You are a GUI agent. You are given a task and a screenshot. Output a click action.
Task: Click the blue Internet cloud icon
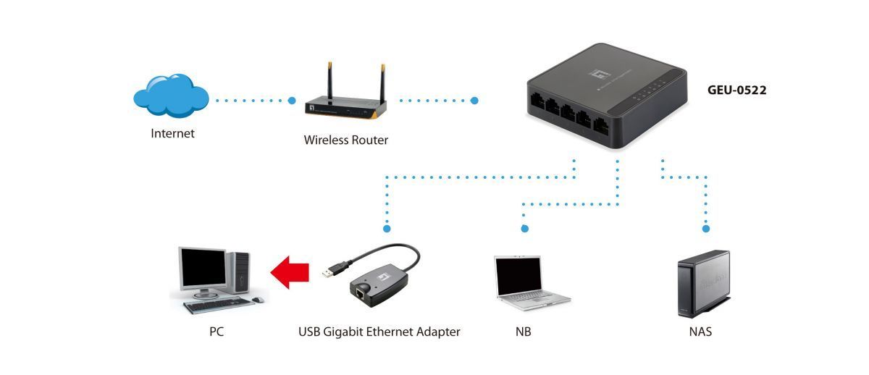[x=171, y=97]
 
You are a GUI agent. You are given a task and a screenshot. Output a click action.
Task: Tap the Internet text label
[x=172, y=133]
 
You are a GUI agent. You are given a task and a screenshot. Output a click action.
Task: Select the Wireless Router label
[x=345, y=140]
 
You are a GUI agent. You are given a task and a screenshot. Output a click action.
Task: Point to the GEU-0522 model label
[x=736, y=90]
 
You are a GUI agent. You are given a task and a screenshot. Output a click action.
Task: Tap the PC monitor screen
[x=203, y=268]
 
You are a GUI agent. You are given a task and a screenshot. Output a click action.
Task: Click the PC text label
[x=217, y=332]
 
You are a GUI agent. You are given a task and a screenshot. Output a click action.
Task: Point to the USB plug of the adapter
[x=330, y=271]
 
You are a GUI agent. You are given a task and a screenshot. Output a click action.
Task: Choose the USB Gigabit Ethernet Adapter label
[x=379, y=332]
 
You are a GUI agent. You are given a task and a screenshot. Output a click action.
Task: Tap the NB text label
[x=524, y=332]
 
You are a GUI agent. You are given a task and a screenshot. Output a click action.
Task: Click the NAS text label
[x=700, y=332]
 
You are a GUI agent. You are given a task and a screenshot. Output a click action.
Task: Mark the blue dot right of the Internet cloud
[x=292, y=100]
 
